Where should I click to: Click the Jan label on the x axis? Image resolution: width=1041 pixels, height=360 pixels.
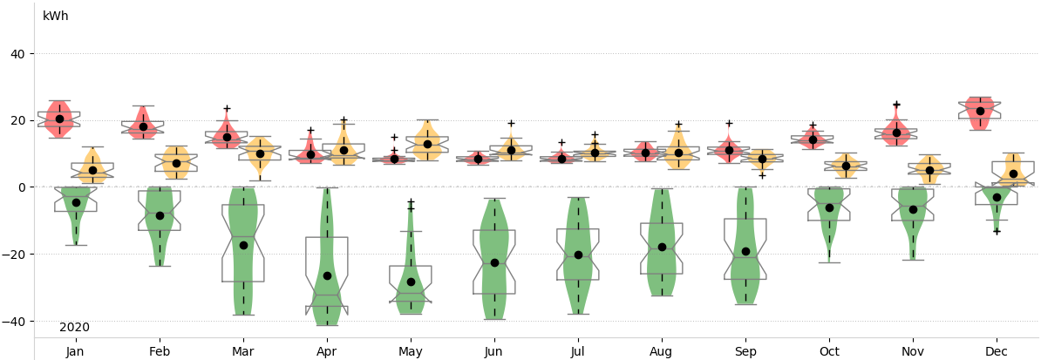coord(76,351)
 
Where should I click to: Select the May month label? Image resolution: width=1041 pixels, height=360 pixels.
coord(411,351)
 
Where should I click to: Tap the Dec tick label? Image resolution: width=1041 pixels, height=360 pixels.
coord(997,351)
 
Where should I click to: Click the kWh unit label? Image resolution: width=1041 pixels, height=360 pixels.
coord(55,17)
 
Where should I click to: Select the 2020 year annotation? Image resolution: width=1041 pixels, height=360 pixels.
coord(74,328)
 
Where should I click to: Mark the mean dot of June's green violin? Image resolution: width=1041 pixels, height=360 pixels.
coord(494,262)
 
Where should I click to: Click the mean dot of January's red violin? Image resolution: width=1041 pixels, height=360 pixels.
coord(59,119)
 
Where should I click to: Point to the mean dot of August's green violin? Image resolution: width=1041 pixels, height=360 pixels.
coord(662,248)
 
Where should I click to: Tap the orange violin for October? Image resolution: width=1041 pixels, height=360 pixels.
coord(846,166)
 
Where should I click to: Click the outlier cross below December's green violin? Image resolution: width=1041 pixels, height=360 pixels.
coord(997,231)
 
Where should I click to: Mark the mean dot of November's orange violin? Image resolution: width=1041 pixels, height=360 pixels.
coord(929,171)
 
